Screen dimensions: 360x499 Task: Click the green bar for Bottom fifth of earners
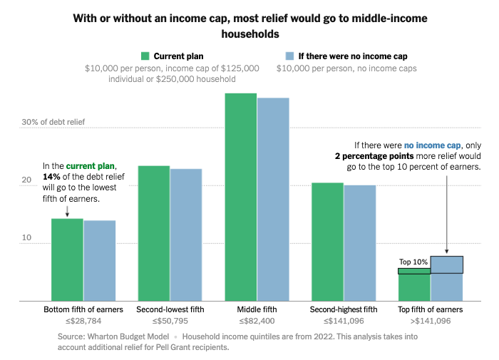(67, 259)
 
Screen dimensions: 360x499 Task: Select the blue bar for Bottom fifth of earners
(99, 261)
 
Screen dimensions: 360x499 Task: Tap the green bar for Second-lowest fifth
(154, 233)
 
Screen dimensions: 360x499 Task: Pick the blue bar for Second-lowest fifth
(186, 235)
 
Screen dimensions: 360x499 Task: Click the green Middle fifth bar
(241, 197)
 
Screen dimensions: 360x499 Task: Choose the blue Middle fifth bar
(273, 199)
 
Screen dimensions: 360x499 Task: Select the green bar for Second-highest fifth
(328, 242)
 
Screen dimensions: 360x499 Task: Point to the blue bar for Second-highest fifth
(360, 243)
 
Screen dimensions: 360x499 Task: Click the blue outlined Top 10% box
(447, 264)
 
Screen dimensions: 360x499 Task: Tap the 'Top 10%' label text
(413, 262)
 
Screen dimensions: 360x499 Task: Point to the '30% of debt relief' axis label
(53, 122)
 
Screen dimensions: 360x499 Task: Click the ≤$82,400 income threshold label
(257, 322)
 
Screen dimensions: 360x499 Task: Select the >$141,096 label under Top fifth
(431, 322)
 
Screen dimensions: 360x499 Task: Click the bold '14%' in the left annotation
(52, 175)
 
